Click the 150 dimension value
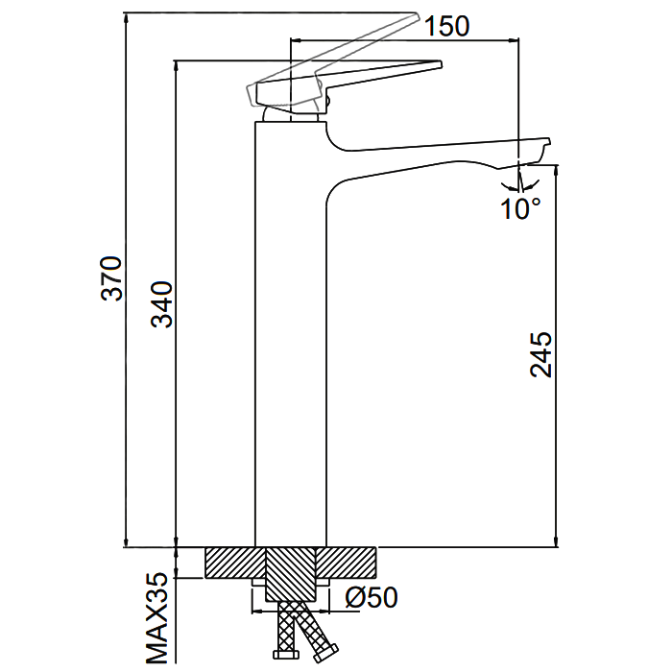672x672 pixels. pyautogui.click(x=446, y=26)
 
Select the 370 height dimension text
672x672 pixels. pyautogui.click(x=113, y=278)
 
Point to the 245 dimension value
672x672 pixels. pyautogui.click(x=541, y=354)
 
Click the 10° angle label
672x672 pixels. pyautogui.click(x=520, y=208)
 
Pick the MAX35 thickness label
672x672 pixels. pyautogui.click(x=157, y=619)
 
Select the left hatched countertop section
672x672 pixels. pyautogui.click(x=233, y=563)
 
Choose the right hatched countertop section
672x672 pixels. pyautogui.click(x=347, y=563)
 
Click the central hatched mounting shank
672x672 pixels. pyautogui.click(x=290, y=571)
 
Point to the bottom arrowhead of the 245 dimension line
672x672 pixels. pyautogui.click(x=555, y=541)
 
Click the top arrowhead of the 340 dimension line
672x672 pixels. pyautogui.click(x=175, y=66)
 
